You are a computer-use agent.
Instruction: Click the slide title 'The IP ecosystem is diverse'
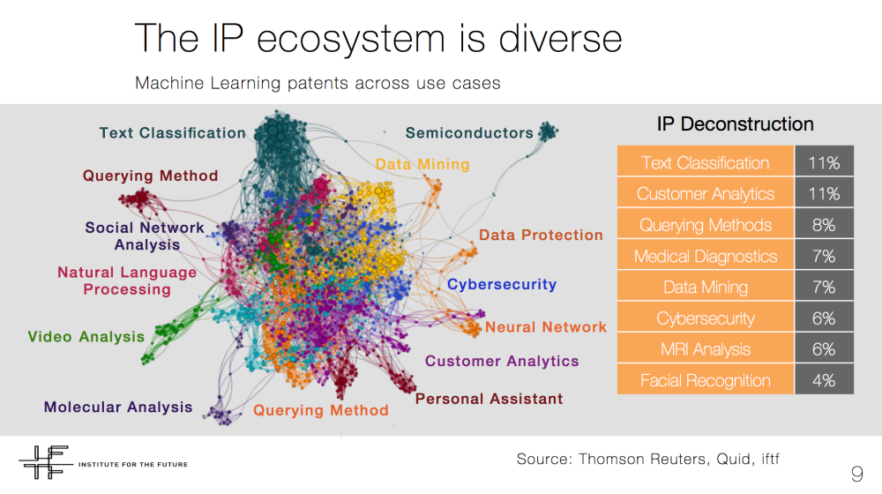click(x=378, y=38)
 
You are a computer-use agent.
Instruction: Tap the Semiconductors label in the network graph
click(x=469, y=133)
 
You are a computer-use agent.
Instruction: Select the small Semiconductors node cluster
click(x=548, y=131)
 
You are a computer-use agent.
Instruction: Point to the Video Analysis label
click(x=86, y=336)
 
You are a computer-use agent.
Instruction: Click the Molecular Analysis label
click(x=118, y=407)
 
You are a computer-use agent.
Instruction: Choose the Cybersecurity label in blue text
click(x=502, y=285)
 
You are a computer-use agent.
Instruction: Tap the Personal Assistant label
click(x=489, y=399)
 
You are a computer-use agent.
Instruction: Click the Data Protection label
click(x=541, y=235)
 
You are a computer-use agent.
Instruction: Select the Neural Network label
click(x=546, y=327)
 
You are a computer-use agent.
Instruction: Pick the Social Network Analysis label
click(x=145, y=236)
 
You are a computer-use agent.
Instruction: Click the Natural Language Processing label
click(x=127, y=281)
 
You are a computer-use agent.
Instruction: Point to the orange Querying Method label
click(x=321, y=410)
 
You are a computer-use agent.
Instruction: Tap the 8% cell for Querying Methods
click(x=824, y=225)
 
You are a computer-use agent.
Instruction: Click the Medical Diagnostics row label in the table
click(x=706, y=256)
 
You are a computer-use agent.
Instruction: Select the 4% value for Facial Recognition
click(x=824, y=380)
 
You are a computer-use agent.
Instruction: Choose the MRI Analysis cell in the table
click(x=706, y=349)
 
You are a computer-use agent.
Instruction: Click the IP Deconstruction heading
click(x=736, y=123)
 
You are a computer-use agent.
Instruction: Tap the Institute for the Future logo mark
click(x=45, y=462)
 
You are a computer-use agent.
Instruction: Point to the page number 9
click(x=856, y=474)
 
